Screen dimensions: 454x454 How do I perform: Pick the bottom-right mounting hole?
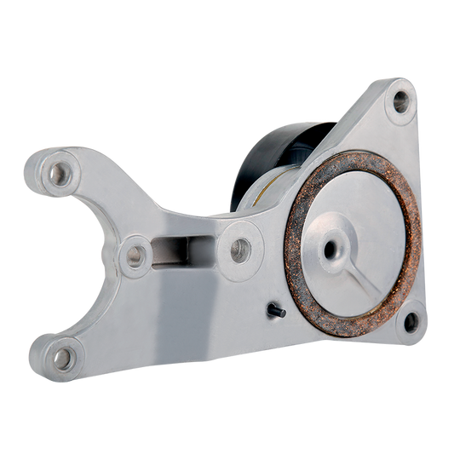tap(411, 321)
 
